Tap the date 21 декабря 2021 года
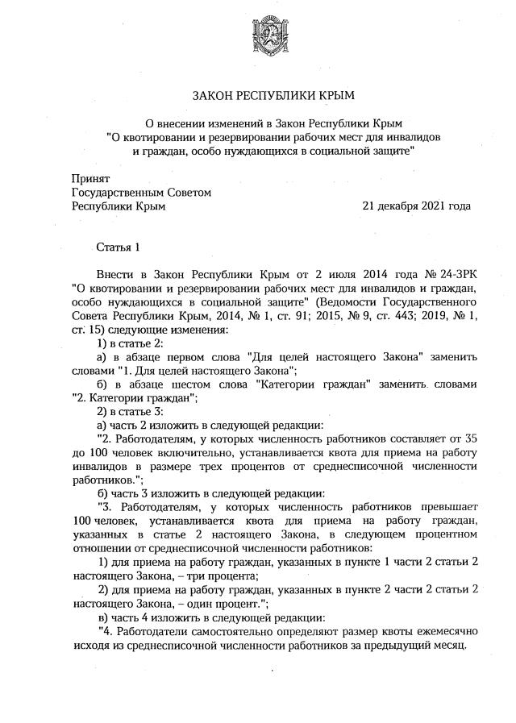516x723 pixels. coord(417,206)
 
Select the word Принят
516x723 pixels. coord(90,178)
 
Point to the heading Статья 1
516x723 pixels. coord(119,247)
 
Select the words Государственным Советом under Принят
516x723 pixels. coord(141,192)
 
